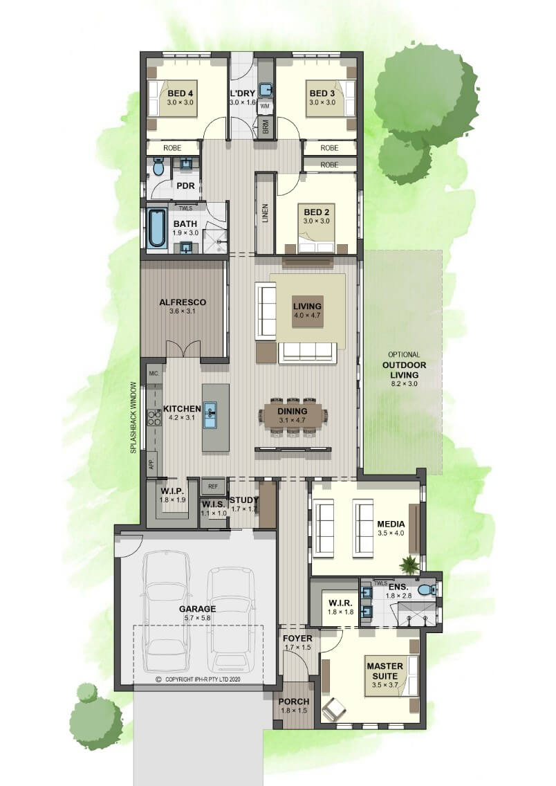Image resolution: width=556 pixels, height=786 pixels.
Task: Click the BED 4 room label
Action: [x=180, y=93]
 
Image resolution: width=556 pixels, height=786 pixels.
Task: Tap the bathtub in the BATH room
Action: [x=157, y=229]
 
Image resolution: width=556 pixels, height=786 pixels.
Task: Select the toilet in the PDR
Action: [x=158, y=167]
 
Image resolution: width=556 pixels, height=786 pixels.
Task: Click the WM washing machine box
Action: [x=264, y=107]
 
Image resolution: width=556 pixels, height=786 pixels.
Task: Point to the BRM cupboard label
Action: [x=266, y=127]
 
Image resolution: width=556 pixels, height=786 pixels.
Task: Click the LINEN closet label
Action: [x=265, y=213]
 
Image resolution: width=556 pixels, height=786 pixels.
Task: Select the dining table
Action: [x=293, y=415]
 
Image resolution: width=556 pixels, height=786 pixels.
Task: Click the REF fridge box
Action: [x=213, y=486]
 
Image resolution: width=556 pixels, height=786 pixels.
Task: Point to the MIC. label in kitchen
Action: [x=154, y=374]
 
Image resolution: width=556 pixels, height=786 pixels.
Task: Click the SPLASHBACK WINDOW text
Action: [x=133, y=418]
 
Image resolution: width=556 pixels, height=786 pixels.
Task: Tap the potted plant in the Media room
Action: [x=409, y=565]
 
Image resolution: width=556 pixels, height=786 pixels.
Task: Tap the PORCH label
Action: [x=294, y=702]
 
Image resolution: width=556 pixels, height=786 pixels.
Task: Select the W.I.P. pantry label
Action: [x=172, y=491]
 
